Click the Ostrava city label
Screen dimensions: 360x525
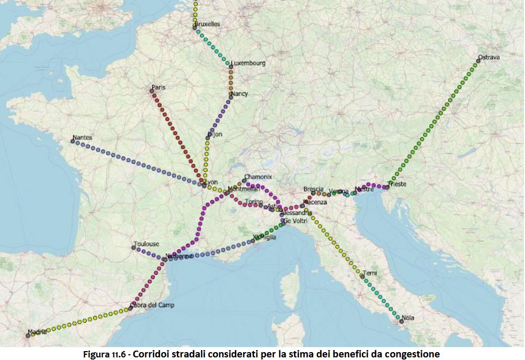tap(489, 58)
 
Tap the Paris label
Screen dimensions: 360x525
tap(158, 87)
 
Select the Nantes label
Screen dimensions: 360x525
tap(83, 138)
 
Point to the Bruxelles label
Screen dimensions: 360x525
tap(207, 24)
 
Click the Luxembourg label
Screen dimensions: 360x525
tap(248, 63)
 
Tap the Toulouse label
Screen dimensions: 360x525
tap(146, 244)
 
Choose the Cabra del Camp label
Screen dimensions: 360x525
tap(152, 305)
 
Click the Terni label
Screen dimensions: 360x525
tap(370, 273)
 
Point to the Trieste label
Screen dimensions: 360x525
tap(397, 184)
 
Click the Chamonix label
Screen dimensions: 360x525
tap(258, 177)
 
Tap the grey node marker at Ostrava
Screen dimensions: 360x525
tap(478, 61)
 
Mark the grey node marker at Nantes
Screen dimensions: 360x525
tap(73, 141)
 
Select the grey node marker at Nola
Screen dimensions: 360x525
tap(401, 321)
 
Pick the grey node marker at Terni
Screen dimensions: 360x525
tap(362, 276)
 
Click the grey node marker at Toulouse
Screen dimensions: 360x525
tap(134, 248)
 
